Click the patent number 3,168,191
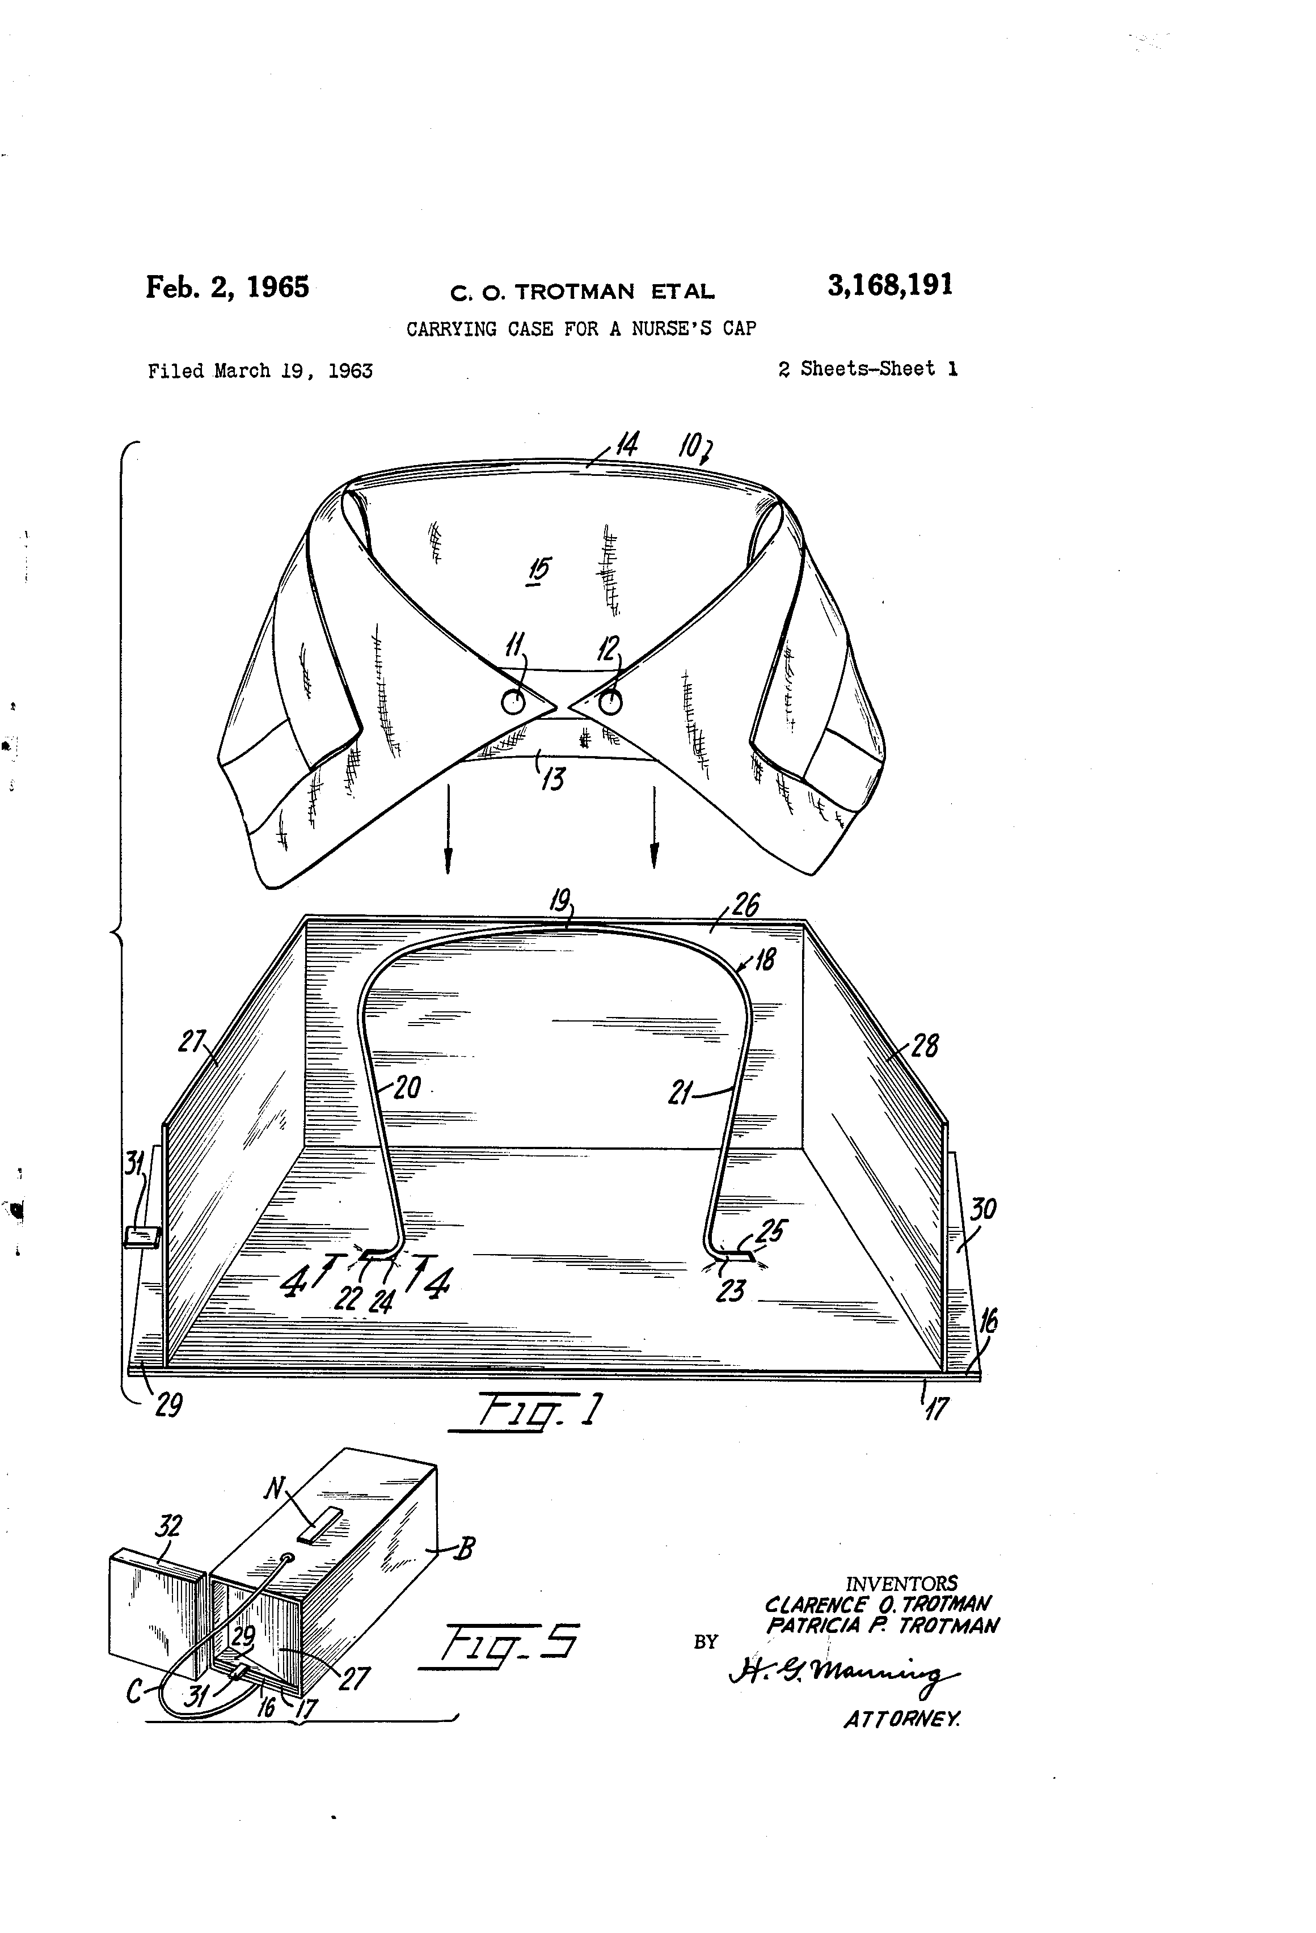(889, 285)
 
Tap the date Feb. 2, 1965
(227, 287)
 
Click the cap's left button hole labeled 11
(513, 704)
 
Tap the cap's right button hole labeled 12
(610, 704)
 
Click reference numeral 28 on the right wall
(926, 1045)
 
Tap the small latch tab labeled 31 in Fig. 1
(141, 1237)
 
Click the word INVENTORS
(901, 1584)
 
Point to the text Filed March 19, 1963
(260, 371)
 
